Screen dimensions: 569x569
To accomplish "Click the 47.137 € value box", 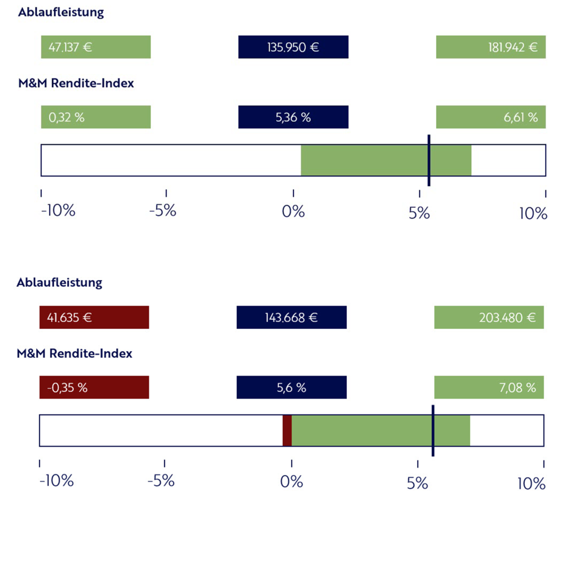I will point(96,47).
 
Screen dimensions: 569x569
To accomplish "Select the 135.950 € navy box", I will point(293,47).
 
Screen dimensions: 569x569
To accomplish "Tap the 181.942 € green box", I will point(491,47).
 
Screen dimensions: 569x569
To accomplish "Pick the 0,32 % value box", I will point(96,117).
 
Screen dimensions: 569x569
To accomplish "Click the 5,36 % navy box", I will point(293,117).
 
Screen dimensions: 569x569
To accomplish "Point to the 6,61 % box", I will point(491,117).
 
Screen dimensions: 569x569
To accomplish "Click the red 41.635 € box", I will point(94,318).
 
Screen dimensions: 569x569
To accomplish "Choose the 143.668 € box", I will point(291,318).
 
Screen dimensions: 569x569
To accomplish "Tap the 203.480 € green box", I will point(489,318).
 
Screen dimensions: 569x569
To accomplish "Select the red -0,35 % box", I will point(94,387).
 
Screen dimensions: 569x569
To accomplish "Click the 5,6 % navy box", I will point(291,387).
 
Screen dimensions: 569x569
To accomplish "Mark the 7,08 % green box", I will point(489,387).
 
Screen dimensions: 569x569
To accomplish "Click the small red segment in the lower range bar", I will point(287,431).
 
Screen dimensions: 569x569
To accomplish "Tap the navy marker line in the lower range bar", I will point(433,431).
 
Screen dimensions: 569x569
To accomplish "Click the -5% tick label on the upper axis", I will point(163,212).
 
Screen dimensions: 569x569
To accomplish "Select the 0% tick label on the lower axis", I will point(291,482).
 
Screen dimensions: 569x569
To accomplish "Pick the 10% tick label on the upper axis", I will point(533,213).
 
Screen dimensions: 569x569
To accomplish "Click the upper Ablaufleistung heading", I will point(61,13).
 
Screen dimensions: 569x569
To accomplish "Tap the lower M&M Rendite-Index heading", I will point(74,353).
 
